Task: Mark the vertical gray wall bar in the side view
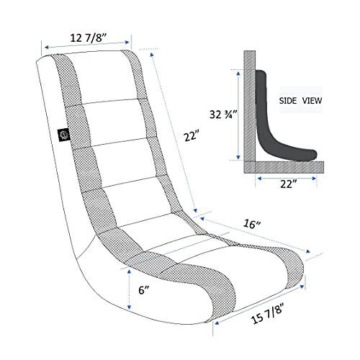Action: tap(248, 108)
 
